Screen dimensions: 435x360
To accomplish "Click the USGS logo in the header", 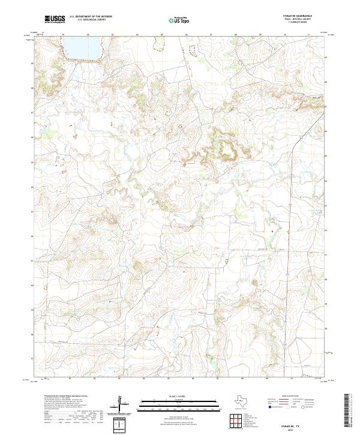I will (55, 20).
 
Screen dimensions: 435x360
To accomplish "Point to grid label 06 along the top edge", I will (186, 35).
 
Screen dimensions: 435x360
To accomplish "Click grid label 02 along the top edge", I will (88, 35).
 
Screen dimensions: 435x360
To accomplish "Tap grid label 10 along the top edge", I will (284, 35).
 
